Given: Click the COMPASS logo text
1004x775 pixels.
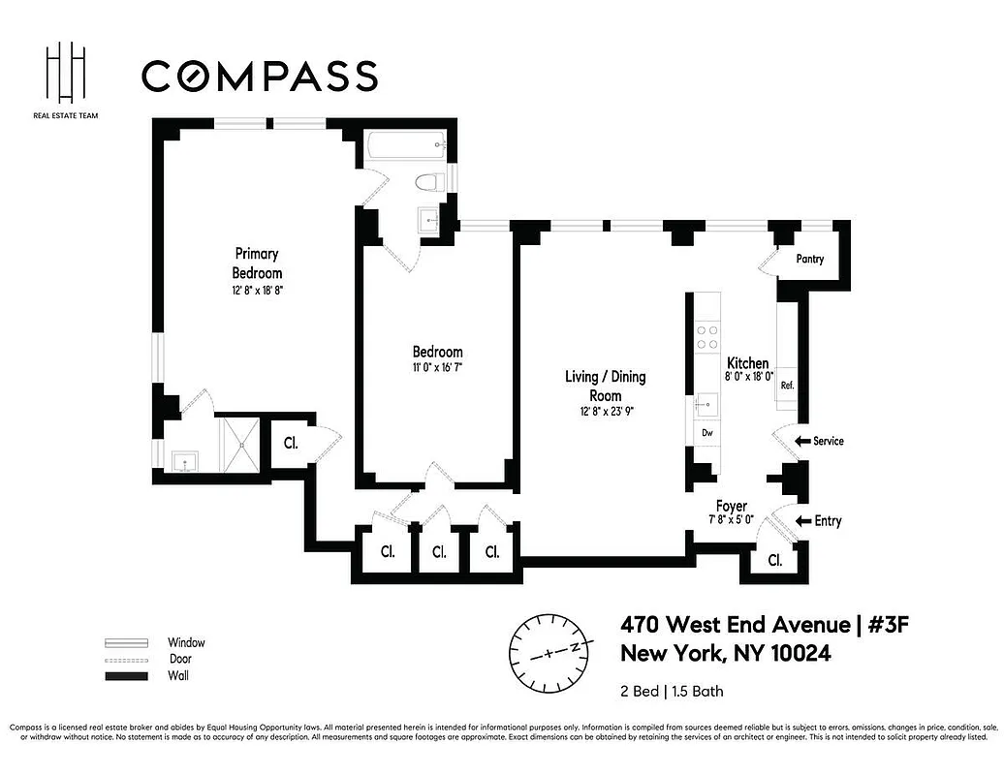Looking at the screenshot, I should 259,76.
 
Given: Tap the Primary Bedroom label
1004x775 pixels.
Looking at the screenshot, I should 256,263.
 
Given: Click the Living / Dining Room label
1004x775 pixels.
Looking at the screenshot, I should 606,386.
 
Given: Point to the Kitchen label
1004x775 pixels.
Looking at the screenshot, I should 747,363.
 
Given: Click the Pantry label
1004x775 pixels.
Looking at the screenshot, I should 809,260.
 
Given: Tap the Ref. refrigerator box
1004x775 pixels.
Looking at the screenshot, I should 787,386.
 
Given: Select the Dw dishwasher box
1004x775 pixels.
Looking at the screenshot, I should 707,433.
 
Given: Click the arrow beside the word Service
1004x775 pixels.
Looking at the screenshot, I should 801,442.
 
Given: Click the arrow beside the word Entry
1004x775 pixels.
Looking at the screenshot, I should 801,521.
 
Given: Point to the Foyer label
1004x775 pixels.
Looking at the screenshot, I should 731,507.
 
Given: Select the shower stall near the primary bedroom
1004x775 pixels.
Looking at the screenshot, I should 237,443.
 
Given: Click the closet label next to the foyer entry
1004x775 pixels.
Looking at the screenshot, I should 774,560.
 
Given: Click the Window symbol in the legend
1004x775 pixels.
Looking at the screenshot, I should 126,642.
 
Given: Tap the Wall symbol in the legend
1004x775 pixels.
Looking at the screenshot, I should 126,675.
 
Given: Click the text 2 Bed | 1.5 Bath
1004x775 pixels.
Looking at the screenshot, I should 672,692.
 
